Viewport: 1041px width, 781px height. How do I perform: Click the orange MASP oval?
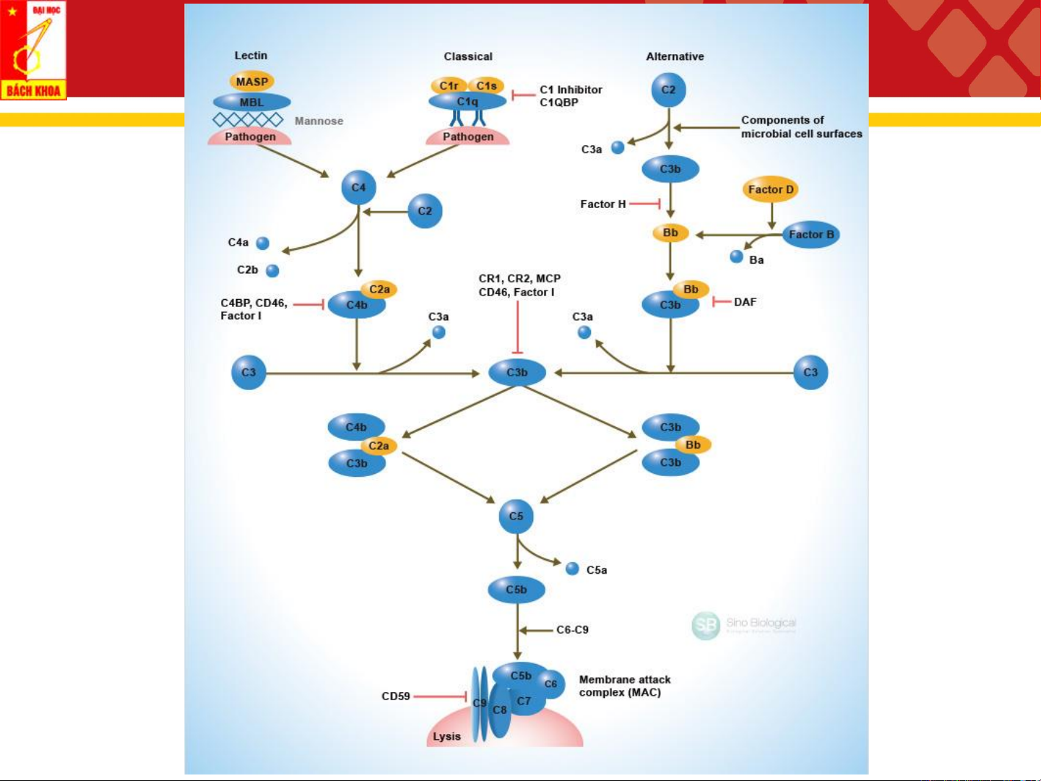251,82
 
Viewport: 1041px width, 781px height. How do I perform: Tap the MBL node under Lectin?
251,102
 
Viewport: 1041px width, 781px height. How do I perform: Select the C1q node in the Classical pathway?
467,102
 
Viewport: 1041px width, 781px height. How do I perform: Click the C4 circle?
358,187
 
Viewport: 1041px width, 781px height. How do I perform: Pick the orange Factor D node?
771,189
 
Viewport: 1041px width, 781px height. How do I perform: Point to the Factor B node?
811,234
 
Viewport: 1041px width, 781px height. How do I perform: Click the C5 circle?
516,517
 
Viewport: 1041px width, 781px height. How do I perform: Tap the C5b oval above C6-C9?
516,590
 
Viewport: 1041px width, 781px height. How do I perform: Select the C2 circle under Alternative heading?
668,90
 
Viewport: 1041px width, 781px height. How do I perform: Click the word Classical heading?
468,56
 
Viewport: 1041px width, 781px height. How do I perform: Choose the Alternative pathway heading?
675,56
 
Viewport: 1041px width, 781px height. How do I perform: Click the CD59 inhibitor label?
396,696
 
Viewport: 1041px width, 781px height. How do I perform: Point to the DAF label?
745,302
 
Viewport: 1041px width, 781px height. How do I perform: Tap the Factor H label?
602,204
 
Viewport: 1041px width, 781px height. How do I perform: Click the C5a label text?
597,570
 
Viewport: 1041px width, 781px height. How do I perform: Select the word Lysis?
446,736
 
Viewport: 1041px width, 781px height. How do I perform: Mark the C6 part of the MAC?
550,683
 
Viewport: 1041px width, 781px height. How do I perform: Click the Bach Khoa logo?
33,50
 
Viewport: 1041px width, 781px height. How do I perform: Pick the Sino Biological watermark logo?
706,626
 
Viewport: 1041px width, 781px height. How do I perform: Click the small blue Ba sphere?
736,256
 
